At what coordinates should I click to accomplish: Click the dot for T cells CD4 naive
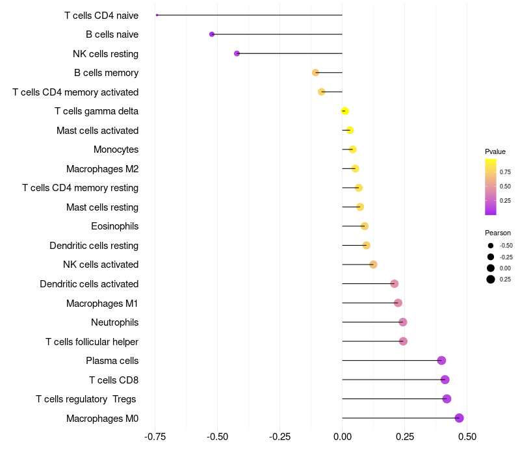point(157,15)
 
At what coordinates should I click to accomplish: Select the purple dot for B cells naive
point(212,34)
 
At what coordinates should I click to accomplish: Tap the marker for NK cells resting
point(237,53)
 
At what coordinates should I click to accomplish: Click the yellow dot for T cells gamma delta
point(345,111)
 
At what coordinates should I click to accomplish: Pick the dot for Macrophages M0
point(459,418)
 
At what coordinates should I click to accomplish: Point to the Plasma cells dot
point(441,361)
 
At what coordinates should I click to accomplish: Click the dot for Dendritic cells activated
point(395,284)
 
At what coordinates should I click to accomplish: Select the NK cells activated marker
point(373,265)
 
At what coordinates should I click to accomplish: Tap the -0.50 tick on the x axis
point(217,437)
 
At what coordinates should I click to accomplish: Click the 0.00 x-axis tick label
point(343,437)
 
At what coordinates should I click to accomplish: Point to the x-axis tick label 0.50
point(467,437)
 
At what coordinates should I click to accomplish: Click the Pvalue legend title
point(495,152)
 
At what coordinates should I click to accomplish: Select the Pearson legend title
point(498,233)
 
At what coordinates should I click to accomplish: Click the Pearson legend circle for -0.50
point(491,246)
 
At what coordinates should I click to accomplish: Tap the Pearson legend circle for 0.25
point(491,279)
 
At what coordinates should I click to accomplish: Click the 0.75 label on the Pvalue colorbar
point(505,172)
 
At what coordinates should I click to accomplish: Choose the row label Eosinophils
point(115,226)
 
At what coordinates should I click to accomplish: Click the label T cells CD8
point(114,380)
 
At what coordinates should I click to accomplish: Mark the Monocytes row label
point(116,149)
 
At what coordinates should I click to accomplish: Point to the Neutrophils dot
point(402,322)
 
